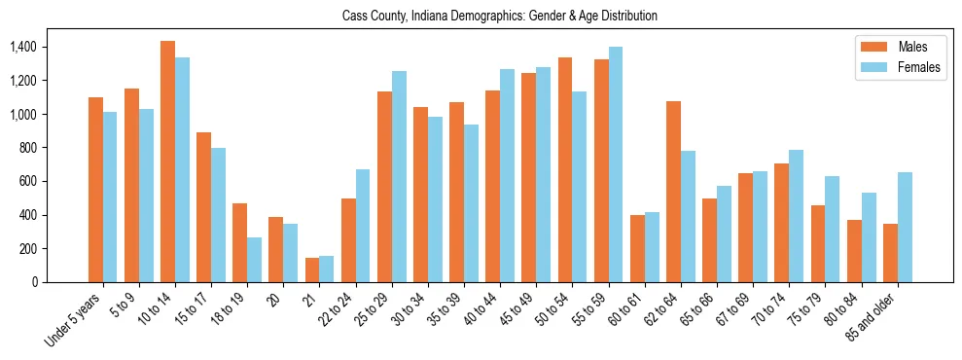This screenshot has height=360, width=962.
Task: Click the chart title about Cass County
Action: click(x=500, y=17)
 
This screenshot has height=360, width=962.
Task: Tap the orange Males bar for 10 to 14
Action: click(x=167, y=162)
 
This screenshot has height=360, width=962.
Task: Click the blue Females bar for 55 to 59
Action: click(x=616, y=164)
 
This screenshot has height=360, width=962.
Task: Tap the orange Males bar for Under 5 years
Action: click(x=95, y=190)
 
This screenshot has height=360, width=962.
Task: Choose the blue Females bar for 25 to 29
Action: click(x=399, y=176)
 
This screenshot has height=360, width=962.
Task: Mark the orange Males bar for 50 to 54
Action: click(x=565, y=169)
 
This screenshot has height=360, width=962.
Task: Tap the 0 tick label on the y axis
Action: click(x=35, y=282)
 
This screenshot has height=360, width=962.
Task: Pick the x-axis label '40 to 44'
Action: click(x=477, y=310)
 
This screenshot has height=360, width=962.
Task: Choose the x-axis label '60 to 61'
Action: click(x=622, y=310)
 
